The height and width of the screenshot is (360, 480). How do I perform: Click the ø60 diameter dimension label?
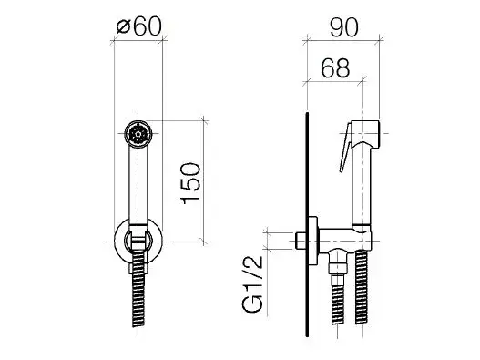click(138, 26)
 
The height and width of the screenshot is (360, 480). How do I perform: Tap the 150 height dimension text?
click(191, 183)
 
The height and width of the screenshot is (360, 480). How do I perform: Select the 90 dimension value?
click(343, 27)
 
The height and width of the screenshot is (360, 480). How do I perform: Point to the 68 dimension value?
click(335, 67)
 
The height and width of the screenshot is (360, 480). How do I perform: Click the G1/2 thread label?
click(253, 283)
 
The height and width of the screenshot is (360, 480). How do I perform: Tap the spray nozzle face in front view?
click(138, 134)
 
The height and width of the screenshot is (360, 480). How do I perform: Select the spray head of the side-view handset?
click(365, 133)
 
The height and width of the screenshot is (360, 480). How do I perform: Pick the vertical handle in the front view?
click(138, 186)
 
